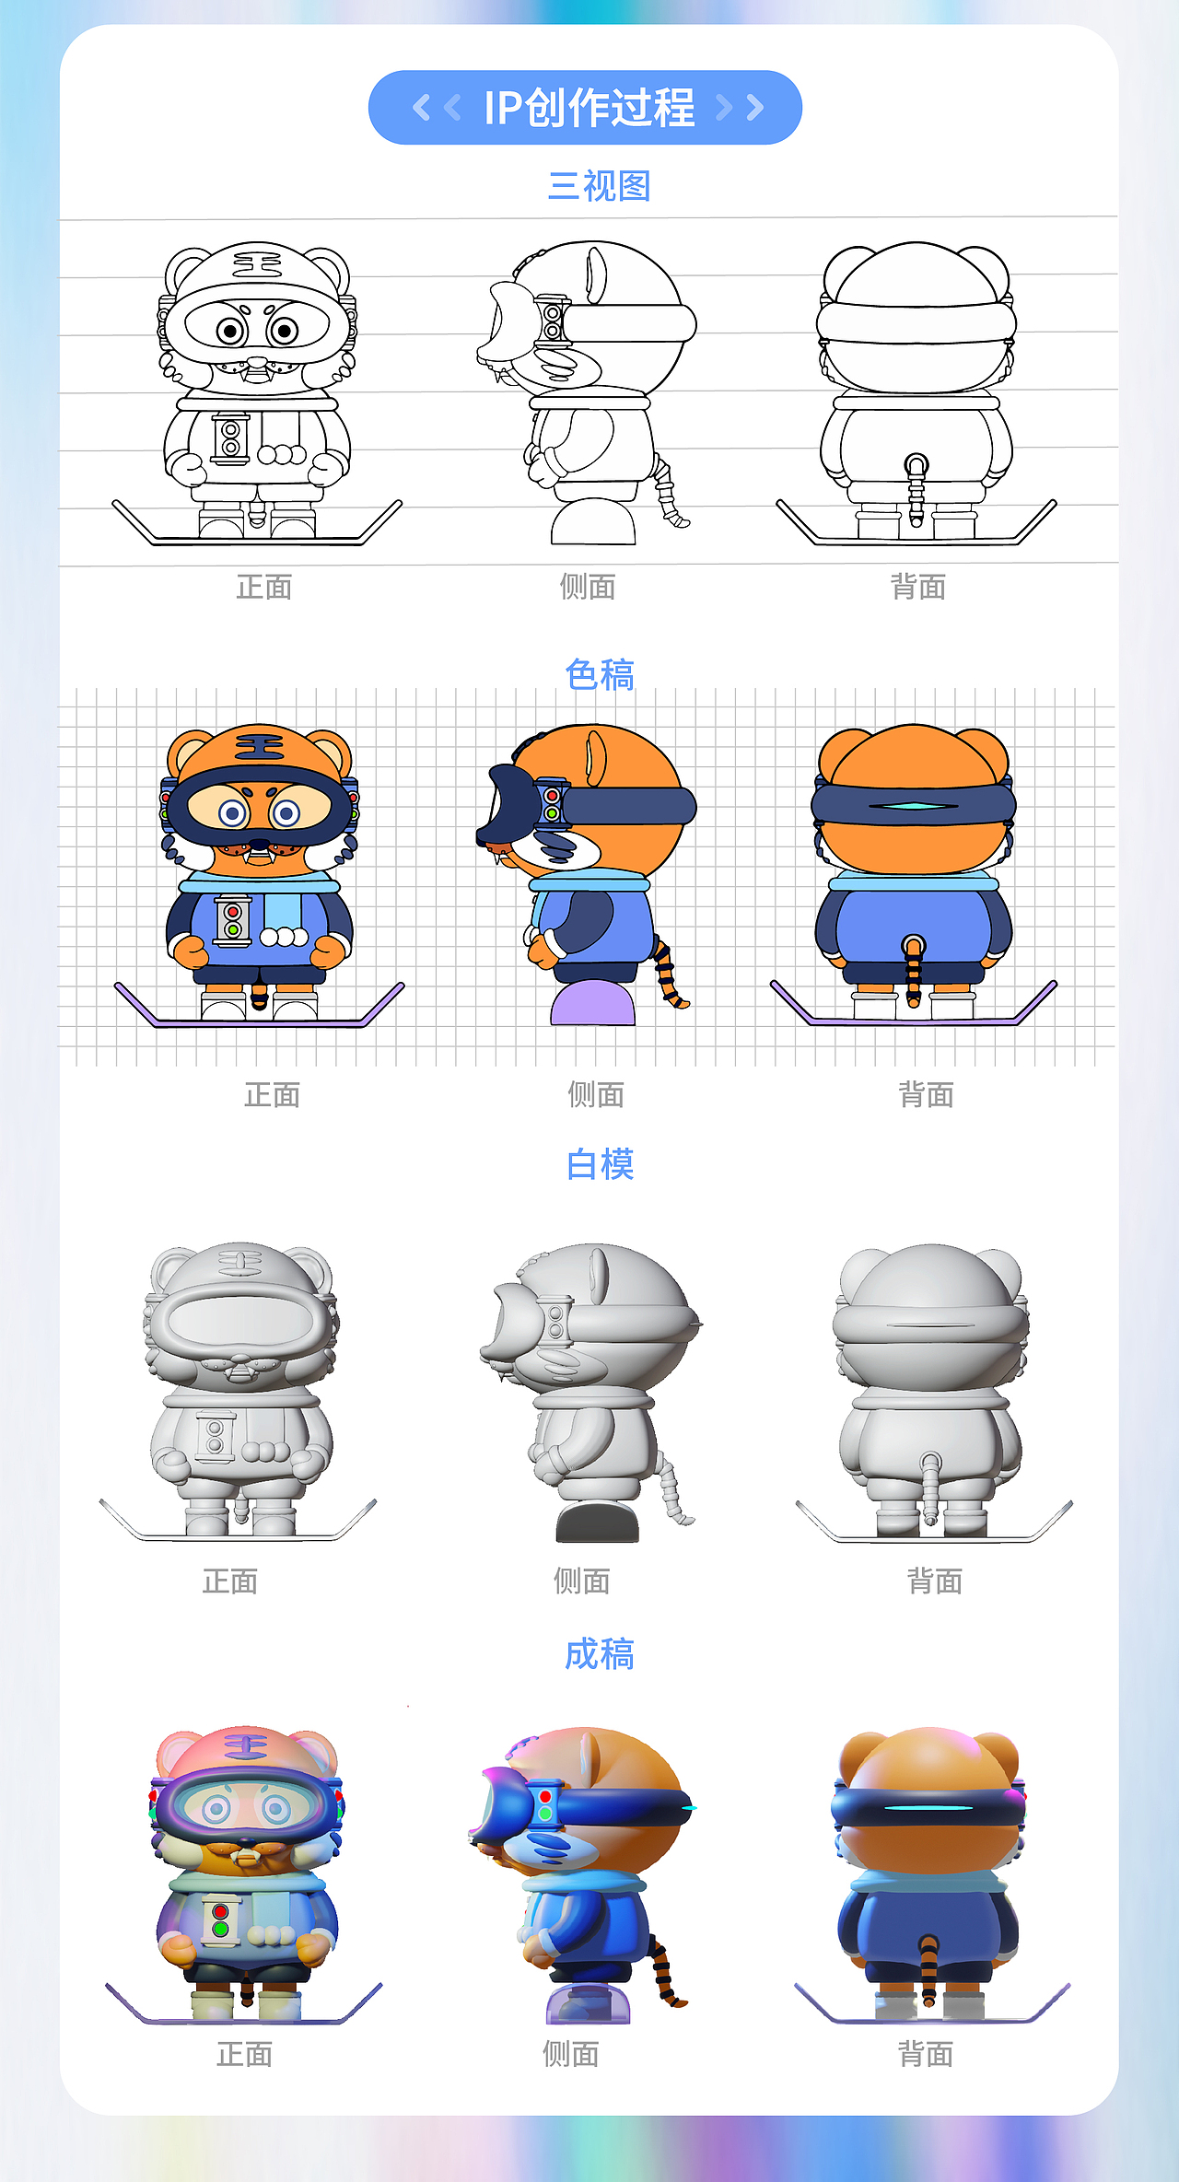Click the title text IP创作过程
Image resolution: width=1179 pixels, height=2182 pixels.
click(589, 108)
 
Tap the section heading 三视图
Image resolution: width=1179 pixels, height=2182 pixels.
click(599, 186)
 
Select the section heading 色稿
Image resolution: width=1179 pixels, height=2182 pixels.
click(600, 675)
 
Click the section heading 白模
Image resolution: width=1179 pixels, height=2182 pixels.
click(600, 1164)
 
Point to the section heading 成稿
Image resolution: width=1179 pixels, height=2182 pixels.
click(600, 1654)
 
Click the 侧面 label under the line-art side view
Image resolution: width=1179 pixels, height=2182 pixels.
click(588, 587)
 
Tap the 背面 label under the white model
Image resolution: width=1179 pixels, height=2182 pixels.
click(935, 1581)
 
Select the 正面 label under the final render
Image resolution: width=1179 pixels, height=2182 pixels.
click(244, 2054)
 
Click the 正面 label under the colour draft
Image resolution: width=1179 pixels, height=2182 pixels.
click(272, 1094)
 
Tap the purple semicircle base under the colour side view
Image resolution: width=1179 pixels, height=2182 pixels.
click(593, 1004)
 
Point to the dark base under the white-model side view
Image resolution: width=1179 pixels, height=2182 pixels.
click(597, 1522)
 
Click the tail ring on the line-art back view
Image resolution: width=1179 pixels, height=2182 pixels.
click(916, 463)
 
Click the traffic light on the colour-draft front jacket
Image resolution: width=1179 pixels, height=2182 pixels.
click(233, 921)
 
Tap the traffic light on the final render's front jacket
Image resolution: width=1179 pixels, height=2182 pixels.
click(220, 1920)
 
